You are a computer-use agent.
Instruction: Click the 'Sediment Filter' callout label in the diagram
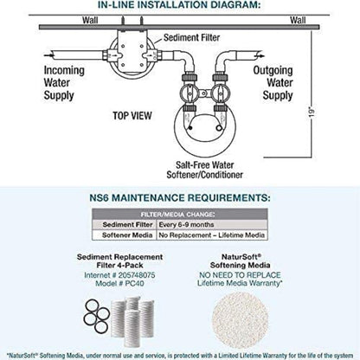[x=191, y=37]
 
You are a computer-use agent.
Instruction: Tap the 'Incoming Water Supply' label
[x=64, y=83]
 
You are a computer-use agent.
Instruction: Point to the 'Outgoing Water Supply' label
[x=273, y=83]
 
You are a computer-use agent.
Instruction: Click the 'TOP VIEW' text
[x=132, y=116]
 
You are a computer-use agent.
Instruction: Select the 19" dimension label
[x=312, y=112]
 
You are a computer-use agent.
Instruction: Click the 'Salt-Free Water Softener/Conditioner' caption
[x=205, y=170]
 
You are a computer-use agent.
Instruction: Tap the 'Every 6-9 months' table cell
[x=186, y=225]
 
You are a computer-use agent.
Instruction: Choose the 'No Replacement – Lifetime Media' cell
[x=212, y=235]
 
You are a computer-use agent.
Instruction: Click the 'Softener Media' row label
[x=127, y=235]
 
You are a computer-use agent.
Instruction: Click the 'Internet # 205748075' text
[x=119, y=275]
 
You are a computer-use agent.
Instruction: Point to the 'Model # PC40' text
[x=119, y=284]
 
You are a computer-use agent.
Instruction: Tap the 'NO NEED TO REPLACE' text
[x=240, y=275]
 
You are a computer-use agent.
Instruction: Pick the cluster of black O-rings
[x=97, y=315]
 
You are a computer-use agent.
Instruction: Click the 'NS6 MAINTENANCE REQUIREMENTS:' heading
[x=180, y=198]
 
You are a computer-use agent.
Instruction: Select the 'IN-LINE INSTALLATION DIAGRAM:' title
[x=179, y=5]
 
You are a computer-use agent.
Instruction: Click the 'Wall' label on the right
[x=298, y=20]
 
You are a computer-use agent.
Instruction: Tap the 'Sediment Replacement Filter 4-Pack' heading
[x=119, y=261]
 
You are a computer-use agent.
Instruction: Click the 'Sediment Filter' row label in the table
[x=127, y=225]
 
